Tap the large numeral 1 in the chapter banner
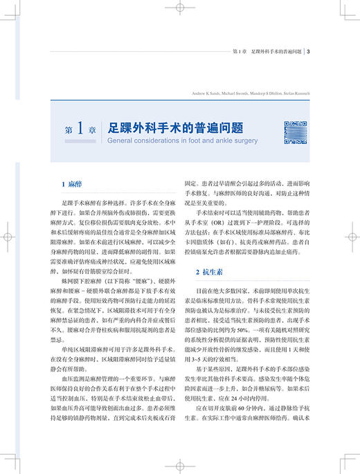click(80, 129)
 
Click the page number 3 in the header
click(316, 51)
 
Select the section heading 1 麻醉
click(70, 185)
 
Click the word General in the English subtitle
click(121, 138)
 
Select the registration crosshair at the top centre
click(179, 8)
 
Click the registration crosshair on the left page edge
click(8, 236)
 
